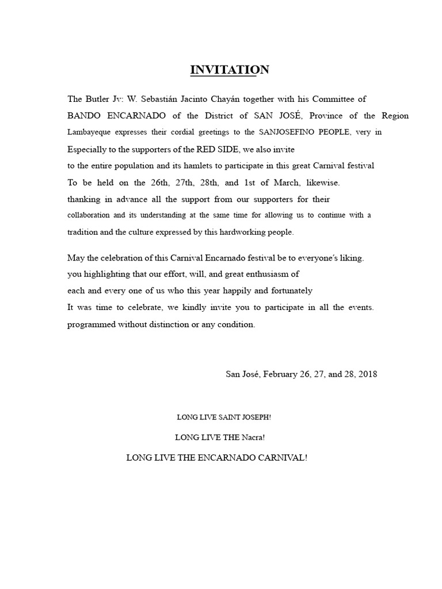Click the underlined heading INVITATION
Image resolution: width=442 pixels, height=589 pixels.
click(230, 70)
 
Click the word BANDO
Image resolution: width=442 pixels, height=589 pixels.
click(85, 116)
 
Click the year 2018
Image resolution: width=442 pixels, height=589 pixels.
click(367, 374)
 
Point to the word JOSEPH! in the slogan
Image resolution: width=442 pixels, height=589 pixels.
click(253, 416)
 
